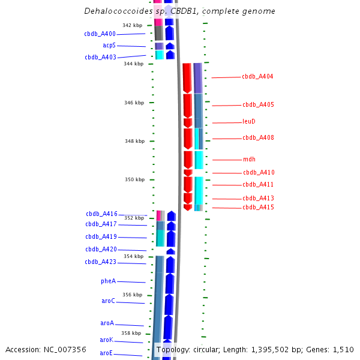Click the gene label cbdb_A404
(257, 77)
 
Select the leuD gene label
(249, 121)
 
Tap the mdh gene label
(249, 160)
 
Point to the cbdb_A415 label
(258, 208)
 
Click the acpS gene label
(109, 46)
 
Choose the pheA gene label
(108, 281)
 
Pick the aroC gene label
(108, 301)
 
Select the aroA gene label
(107, 323)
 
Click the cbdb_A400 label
(100, 34)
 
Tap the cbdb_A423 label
(100, 262)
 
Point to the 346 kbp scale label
(134, 103)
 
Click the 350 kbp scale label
(134, 179)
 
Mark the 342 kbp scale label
(132, 25)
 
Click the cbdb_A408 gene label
(258, 138)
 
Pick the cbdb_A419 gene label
(100, 237)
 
